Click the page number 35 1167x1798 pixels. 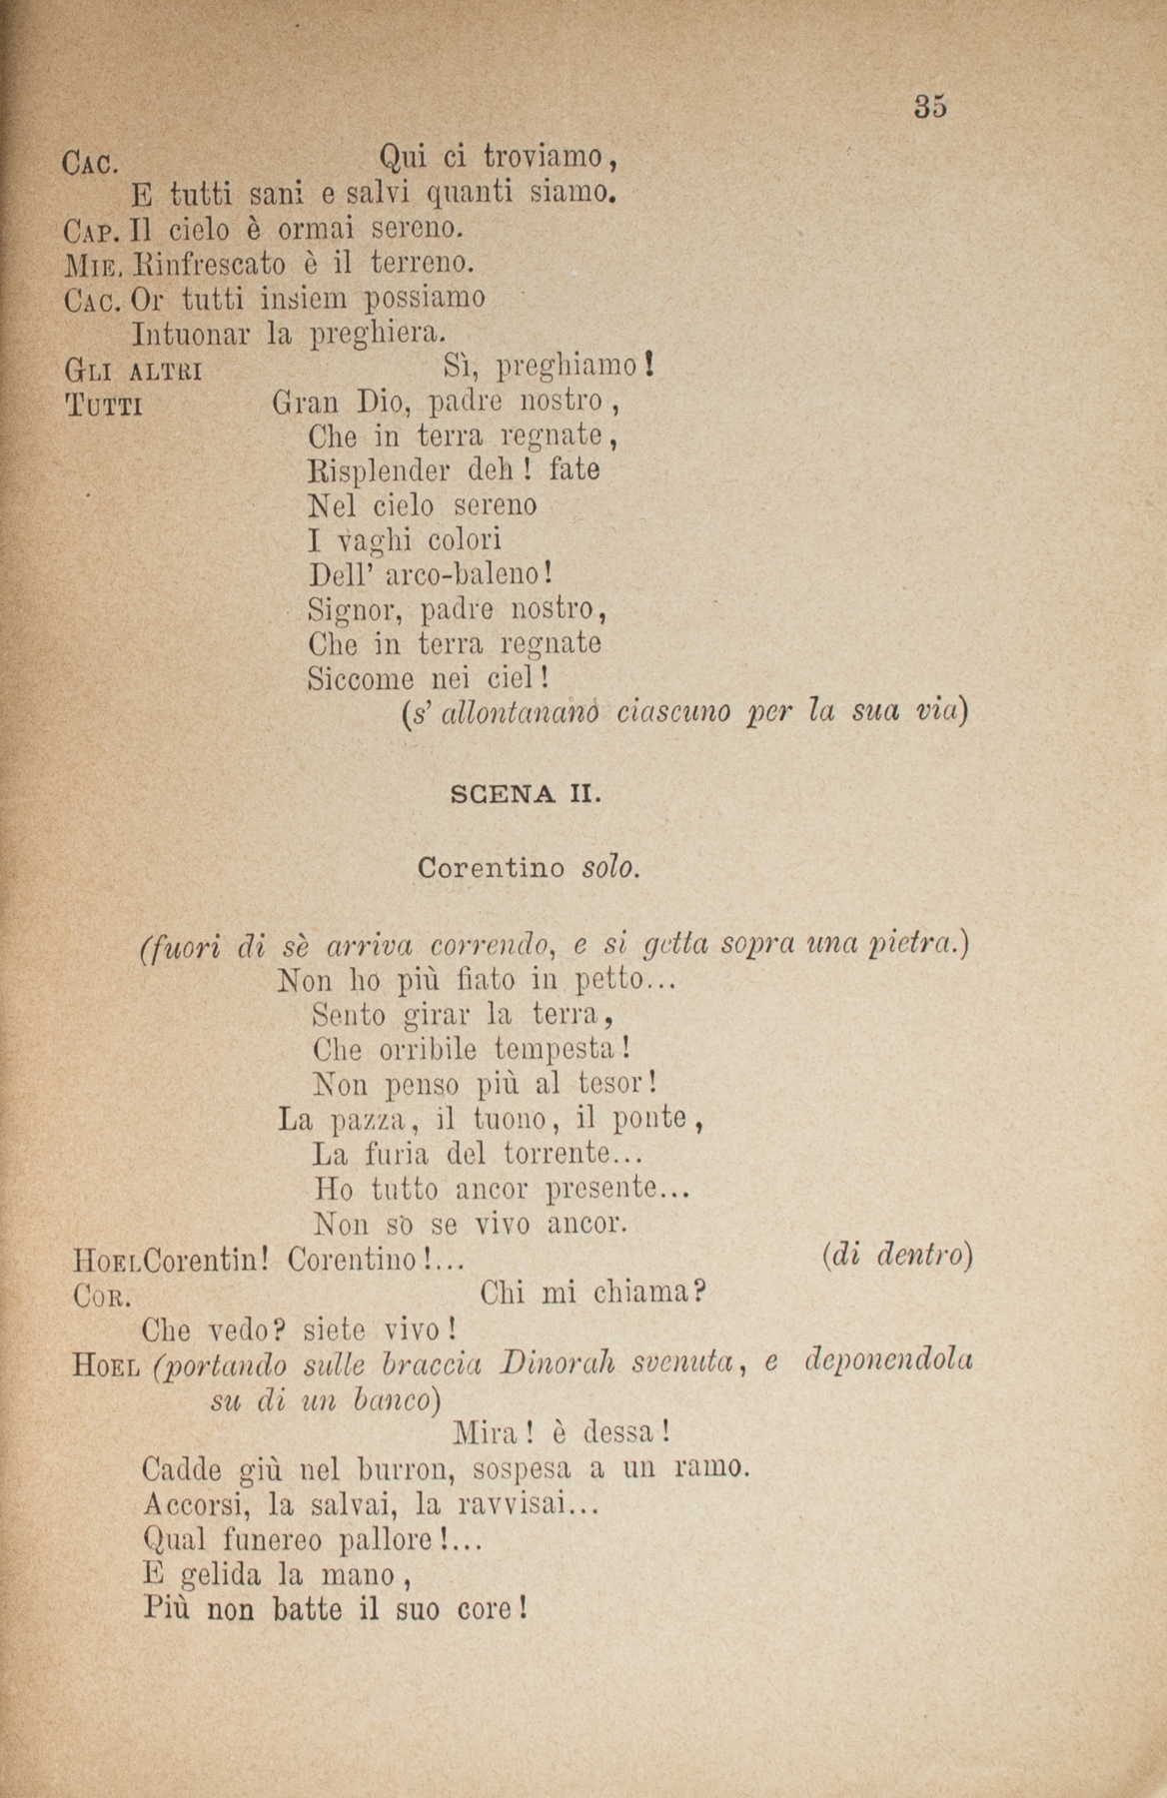click(x=929, y=106)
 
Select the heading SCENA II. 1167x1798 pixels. click(x=525, y=795)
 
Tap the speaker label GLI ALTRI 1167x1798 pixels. click(x=133, y=372)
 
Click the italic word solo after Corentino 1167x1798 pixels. click(x=609, y=867)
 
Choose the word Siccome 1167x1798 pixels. click(x=361, y=679)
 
